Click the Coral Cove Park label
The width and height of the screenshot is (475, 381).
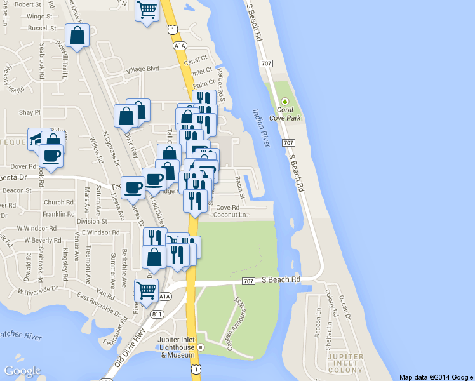pos(285,114)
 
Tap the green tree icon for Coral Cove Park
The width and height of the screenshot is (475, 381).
pos(285,101)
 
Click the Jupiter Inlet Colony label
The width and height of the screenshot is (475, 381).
pos(345,363)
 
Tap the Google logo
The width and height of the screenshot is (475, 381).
pos(22,371)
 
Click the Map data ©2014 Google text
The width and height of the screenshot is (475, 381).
pos(436,377)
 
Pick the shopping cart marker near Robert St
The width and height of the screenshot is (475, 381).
pos(147,10)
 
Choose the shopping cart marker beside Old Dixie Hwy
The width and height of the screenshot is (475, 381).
pos(147,291)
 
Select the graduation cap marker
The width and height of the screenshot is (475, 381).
pos(36,138)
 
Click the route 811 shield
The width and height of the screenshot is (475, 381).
pos(155,314)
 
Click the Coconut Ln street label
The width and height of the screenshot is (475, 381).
pos(230,215)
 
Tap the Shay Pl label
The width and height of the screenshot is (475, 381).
pos(30,112)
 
